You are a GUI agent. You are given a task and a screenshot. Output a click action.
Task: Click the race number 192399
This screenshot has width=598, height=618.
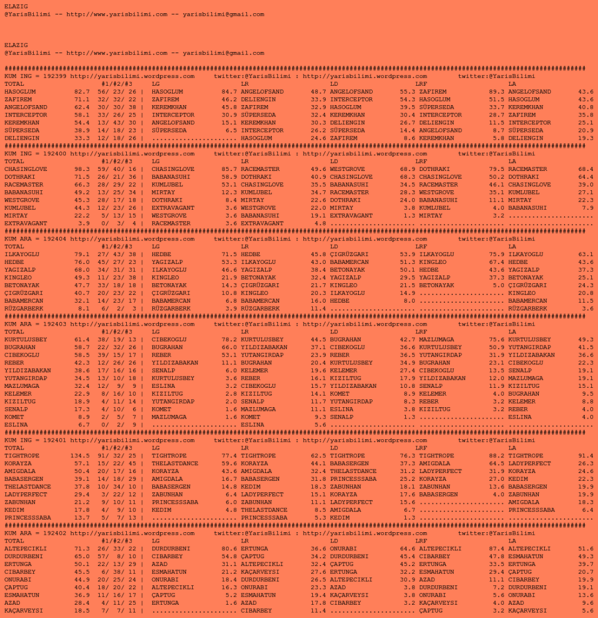[54, 76]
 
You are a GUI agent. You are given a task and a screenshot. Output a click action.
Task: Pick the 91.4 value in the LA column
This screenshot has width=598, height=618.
[585, 455]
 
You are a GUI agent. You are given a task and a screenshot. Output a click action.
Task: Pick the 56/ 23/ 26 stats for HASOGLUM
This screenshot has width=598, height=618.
[120, 92]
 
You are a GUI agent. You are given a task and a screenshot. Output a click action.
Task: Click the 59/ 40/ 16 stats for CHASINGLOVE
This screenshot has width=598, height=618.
[120, 169]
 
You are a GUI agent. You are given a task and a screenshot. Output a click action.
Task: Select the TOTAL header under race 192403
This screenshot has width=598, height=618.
[14, 332]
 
